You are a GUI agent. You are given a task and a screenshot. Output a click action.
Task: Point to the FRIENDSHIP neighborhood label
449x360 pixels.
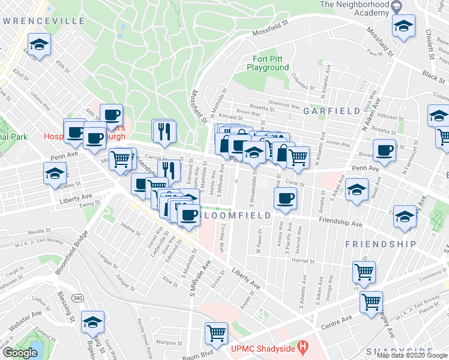[x=381, y=244]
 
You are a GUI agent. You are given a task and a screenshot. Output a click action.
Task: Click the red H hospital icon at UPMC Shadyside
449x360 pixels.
[x=303, y=346]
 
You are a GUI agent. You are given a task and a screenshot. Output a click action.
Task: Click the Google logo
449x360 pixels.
[x=19, y=353]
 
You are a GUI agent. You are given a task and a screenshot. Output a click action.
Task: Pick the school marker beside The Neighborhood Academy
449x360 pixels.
[x=403, y=26]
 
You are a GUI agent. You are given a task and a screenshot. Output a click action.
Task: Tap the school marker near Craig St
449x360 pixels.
[x=92, y=322]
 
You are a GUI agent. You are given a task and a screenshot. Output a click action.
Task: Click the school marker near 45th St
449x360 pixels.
[x=40, y=45]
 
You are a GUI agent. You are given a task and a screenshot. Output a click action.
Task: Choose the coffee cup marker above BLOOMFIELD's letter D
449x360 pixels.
[x=286, y=197]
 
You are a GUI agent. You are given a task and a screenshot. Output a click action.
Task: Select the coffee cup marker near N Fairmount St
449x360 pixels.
[x=384, y=149]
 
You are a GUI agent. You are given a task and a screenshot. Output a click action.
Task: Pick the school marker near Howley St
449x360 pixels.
[x=55, y=173]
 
